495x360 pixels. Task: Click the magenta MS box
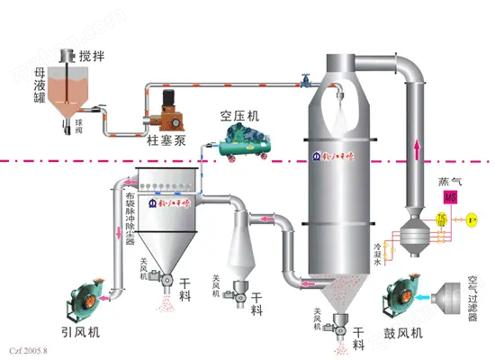tap(450, 197)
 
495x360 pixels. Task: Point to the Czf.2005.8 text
tap(27, 347)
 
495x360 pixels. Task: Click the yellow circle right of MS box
tap(476, 219)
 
